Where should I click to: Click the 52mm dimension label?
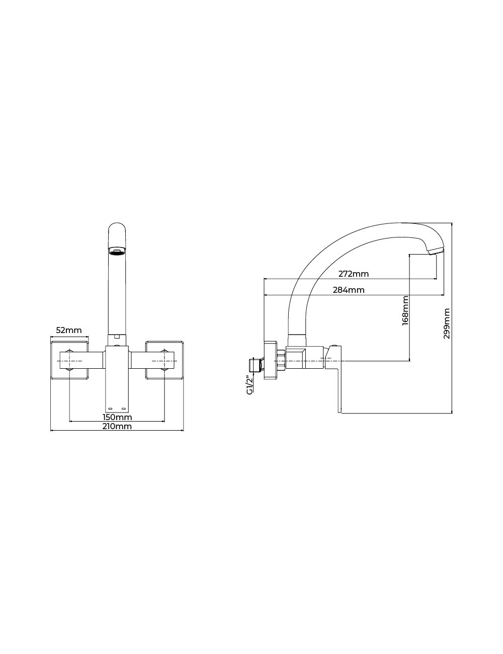pyautogui.click(x=69, y=331)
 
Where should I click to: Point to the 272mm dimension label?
pyautogui.click(x=354, y=274)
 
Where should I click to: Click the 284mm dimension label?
pyautogui.click(x=349, y=290)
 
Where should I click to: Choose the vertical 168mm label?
pyautogui.click(x=405, y=310)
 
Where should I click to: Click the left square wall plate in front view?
pyautogui.click(x=70, y=360)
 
